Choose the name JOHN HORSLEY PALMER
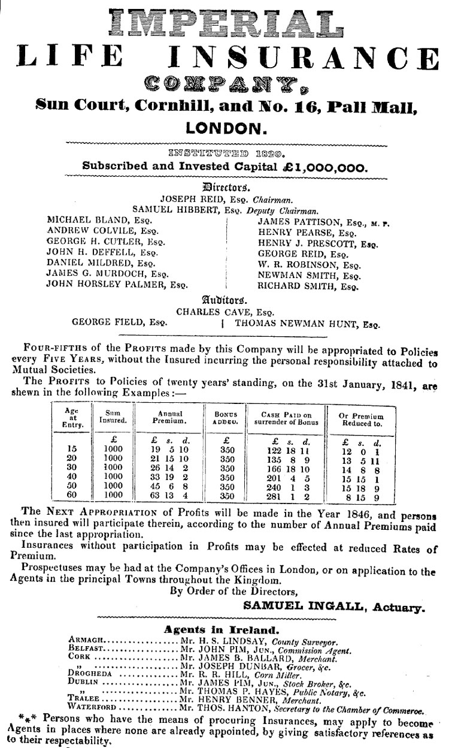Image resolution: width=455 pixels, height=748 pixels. [108, 285]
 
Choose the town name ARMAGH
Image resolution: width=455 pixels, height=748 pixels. [87, 641]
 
